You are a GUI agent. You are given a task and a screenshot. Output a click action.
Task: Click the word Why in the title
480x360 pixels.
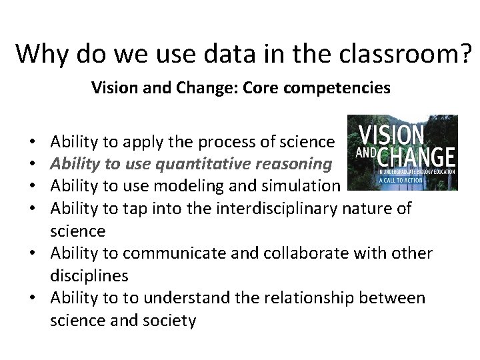pyautogui.click(x=43, y=53)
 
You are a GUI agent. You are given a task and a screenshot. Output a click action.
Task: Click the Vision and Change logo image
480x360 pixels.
pyautogui.click(x=402, y=152)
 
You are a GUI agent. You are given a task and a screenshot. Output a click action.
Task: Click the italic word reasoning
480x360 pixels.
pyautogui.click(x=297, y=163)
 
